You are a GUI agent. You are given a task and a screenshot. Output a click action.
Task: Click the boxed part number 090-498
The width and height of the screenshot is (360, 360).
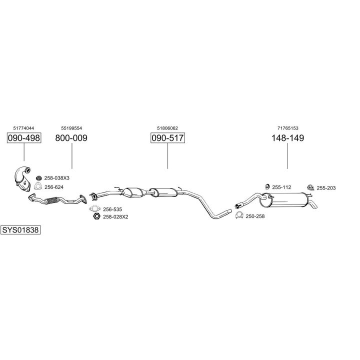tap(23, 138)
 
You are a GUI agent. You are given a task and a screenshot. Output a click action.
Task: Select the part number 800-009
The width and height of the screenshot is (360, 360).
tap(71, 138)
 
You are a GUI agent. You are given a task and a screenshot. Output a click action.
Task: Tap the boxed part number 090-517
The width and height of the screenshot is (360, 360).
tap(167, 138)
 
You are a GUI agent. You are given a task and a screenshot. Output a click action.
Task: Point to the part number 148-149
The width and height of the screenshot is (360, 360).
tap(287, 138)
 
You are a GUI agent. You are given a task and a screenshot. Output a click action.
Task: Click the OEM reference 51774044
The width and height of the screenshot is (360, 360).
tap(23, 128)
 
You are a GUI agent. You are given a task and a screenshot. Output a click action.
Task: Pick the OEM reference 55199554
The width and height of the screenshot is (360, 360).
tap(71, 128)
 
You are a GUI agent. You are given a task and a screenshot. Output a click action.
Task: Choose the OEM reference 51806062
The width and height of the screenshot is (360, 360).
tap(167, 128)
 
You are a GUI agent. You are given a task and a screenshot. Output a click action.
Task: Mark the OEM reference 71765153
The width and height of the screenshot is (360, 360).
tap(287, 128)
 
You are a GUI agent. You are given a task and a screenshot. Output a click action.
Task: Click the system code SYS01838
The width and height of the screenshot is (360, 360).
tap(20, 230)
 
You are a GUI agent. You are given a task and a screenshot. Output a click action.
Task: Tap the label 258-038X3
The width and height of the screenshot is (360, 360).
tap(57, 178)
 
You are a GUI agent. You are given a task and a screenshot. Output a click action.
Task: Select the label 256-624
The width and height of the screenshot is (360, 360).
tap(54, 187)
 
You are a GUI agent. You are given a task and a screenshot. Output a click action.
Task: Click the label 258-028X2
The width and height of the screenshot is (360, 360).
tap(115, 216)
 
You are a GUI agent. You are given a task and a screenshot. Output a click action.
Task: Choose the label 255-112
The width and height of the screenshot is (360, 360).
tap(281, 187)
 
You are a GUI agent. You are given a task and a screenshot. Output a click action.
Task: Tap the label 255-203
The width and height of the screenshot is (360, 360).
tap(326, 188)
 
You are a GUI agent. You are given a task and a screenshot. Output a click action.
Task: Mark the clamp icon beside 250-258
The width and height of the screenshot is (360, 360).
tap(239, 215)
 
